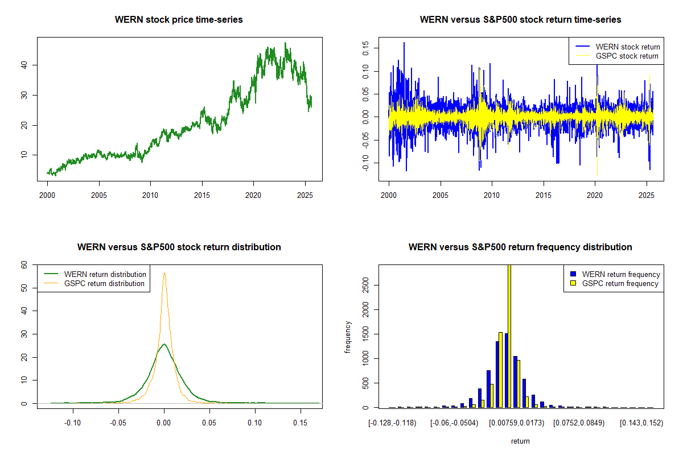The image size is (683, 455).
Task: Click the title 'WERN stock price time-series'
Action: (179, 20)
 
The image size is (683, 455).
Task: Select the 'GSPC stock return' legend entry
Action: (627, 56)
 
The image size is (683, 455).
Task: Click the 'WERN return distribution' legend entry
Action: (105, 274)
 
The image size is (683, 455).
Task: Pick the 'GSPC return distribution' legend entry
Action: (104, 283)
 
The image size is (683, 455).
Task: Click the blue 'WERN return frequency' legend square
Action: (573, 274)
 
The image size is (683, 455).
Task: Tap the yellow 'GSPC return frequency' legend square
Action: (573, 283)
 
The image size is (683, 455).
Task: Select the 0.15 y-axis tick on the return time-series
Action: (365, 48)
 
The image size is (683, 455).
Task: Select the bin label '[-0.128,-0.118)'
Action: (392, 423)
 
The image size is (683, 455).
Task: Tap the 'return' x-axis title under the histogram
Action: (520, 441)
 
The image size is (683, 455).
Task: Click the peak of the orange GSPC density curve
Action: (164, 273)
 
